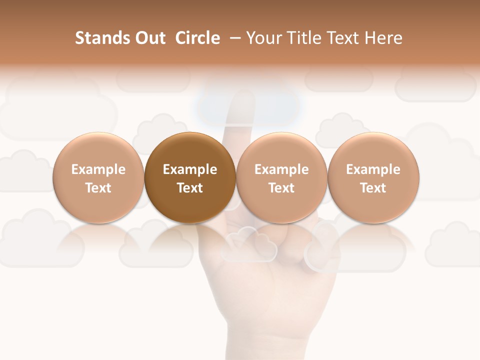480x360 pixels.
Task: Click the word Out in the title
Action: pos(148,38)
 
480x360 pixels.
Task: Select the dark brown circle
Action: pos(190,178)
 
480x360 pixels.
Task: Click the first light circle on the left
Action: pos(98,178)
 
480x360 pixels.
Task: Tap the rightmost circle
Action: pos(373,178)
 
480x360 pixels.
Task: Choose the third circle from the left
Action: pos(281,178)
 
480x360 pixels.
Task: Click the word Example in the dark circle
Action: pos(190,169)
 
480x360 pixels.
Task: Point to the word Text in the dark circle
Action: pos(190,188)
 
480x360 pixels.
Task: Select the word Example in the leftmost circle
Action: pos(98,169)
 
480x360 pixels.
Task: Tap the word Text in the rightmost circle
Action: pos(373,188)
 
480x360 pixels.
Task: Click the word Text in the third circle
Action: pos(281,188)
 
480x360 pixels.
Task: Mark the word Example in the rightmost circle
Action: pos(373,169)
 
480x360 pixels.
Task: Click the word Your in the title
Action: pos(264,38)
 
